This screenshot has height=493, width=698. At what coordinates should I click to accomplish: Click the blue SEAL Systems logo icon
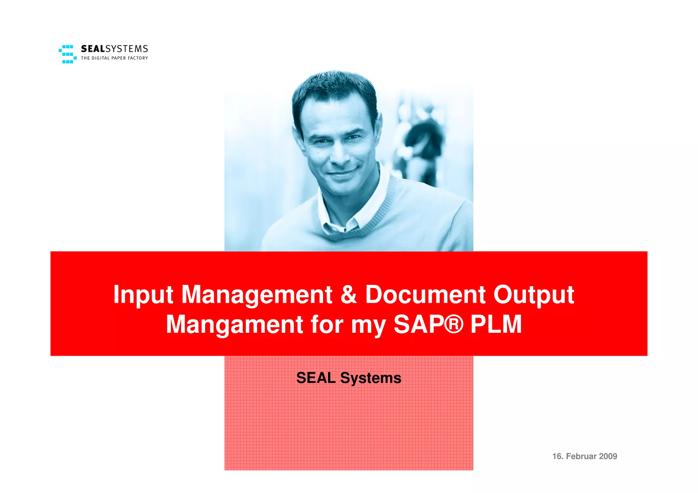tap(67, 54)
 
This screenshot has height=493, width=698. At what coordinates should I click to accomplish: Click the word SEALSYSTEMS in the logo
tap(115, 49)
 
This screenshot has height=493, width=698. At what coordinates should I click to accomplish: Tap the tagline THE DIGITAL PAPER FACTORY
tap(115, 58)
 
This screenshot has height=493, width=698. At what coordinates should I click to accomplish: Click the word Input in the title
tap(143, 295)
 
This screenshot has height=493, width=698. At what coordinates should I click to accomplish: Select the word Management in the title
tap(257, 295)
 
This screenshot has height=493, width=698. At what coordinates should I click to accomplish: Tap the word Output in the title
tap(534, 295)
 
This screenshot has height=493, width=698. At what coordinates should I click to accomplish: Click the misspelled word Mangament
tap(234, 325)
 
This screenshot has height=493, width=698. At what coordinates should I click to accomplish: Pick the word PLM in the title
tap(496, 324)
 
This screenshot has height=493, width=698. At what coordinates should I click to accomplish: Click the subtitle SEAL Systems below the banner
tap(349, 378)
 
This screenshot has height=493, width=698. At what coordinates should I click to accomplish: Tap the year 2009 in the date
tap(608, 456)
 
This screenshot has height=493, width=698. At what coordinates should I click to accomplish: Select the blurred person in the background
tap(423, 143)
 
